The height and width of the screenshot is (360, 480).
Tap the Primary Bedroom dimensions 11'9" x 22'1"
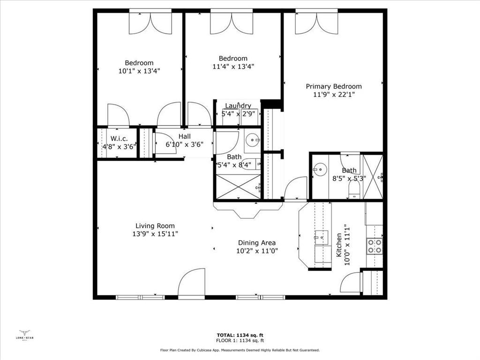coord(334,94)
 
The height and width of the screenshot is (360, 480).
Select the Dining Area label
coord(257,243)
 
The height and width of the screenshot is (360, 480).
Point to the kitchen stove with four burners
coord(375,246)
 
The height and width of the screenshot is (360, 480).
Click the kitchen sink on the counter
coord(321,238)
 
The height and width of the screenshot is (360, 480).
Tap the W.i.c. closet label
coord(119,139)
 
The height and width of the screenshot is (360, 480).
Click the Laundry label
coord(238,106)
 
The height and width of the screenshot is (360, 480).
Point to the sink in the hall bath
coord(253,139)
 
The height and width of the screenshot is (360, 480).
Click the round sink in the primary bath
coord(320,169)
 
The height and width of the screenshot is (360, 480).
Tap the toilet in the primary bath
coord(354,188)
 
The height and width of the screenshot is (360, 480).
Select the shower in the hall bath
coord(237,187)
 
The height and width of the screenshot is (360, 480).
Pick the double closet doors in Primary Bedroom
coord(316,22)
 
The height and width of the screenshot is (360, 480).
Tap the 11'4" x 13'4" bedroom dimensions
coord(233,66)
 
